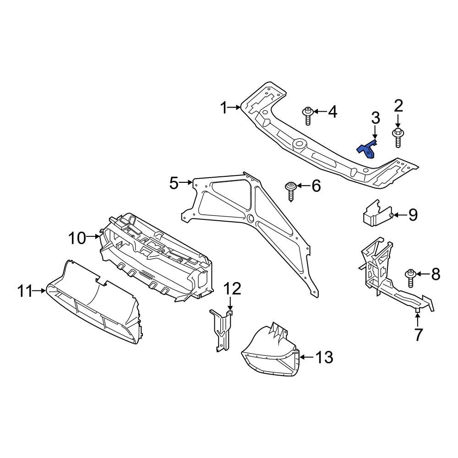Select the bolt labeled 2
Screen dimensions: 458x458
[398, 136]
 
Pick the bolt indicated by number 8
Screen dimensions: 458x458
[410, 277]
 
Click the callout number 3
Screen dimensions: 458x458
[376, 118]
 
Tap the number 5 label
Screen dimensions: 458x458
[174, 183]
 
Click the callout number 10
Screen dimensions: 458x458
[77, 238]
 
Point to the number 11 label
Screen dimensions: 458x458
[26, 290]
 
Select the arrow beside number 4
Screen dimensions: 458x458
[319, 111]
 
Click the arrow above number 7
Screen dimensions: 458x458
[418, 318]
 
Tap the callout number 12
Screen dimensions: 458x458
[232, 289]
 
